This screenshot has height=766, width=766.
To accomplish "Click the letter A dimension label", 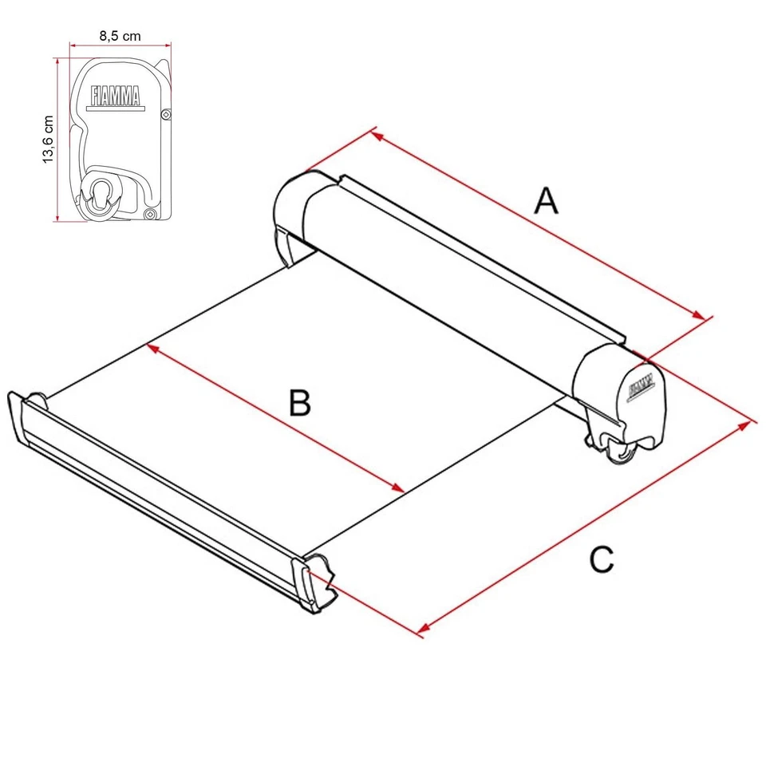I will tap(546, 200).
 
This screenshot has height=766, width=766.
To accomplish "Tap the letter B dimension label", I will tap(299, 403).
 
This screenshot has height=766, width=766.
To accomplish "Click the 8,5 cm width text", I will tap(120, 35).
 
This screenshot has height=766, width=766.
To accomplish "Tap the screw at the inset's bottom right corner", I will tap(149, 214).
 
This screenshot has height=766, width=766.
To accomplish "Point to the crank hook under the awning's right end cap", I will tap(619, 451).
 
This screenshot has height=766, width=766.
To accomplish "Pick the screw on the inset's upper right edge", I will tap(164, 115).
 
